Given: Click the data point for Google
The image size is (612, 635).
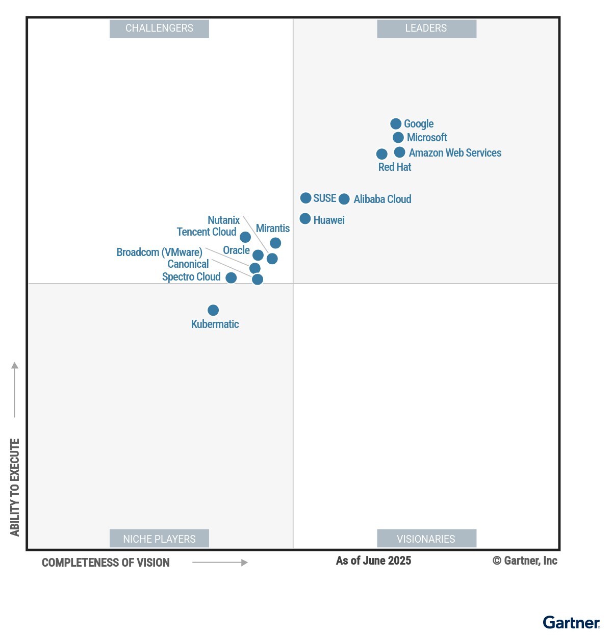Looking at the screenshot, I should pos(396,124).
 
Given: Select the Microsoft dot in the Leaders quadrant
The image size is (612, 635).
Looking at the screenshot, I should pos(398,138).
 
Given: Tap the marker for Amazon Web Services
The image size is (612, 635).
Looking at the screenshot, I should pos(400,153).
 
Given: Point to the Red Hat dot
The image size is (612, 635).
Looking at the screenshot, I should pos(381,154).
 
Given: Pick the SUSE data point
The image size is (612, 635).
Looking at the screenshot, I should pos(305,198).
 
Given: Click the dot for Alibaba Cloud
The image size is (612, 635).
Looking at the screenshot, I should pos(344,199).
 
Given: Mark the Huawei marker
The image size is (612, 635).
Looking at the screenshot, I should pos(305,219).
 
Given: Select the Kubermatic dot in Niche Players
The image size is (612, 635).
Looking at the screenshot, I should pos(213,310).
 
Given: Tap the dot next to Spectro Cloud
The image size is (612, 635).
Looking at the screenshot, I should pos(231,277).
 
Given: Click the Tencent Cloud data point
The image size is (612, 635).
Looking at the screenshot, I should pos(245,237).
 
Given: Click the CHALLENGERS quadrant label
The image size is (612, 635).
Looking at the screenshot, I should pos(159,29).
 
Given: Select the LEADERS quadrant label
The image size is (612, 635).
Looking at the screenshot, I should pos(426,29).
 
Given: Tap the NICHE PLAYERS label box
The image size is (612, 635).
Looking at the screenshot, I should pos(159,539).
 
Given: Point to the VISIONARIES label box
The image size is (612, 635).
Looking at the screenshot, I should pos(426,539).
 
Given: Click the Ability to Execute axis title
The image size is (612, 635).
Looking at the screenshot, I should pos(15,487).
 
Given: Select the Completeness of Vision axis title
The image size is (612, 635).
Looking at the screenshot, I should pos(106,563).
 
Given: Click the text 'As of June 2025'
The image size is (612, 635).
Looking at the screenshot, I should pos(373,561).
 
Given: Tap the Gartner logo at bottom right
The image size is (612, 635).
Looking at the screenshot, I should pos(571,623).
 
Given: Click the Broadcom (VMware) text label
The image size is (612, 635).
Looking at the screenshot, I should pos(159,252).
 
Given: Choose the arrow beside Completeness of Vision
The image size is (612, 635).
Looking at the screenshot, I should pos(220,563).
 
